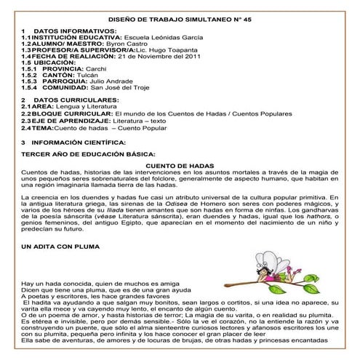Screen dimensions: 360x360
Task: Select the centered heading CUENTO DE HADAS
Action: [180, 166]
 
